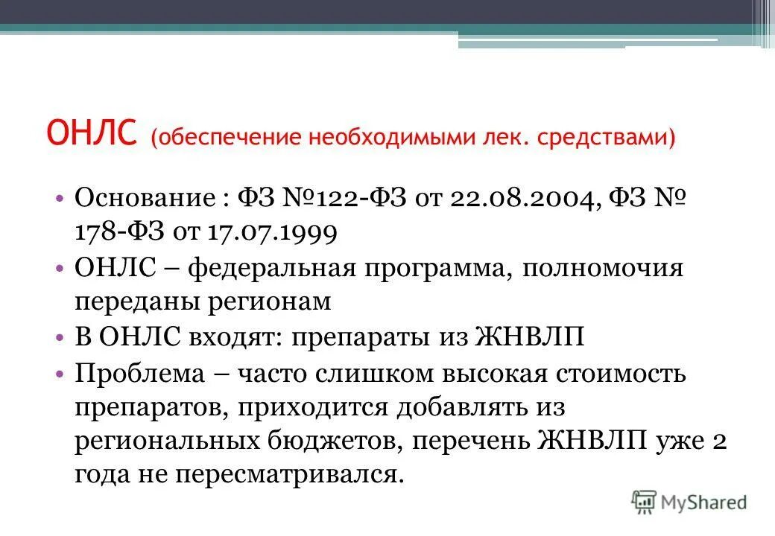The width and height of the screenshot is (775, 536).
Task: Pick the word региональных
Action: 165,441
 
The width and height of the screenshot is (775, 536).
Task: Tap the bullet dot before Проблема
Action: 60,372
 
